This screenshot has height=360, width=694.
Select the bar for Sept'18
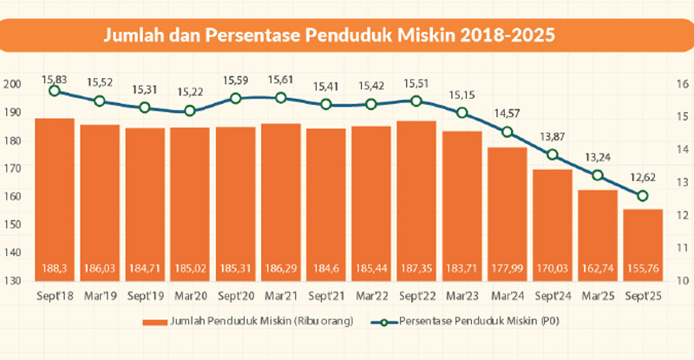click(54, 200)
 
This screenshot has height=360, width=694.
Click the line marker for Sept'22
click(416, 101)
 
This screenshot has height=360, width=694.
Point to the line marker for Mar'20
click(190, 111)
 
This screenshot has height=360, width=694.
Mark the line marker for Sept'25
click(643, 196)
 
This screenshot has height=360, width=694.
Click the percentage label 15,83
click(54, 79)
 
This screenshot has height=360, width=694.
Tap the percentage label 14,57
click(507, 115)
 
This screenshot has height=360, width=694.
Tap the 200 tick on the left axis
click(12, 83)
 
